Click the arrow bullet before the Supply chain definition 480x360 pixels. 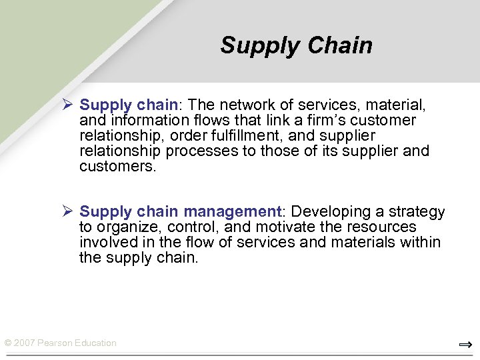click(x=67, y=105)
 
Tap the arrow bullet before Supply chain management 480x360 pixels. click(x=67, y=211)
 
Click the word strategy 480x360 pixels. click(x=418, y=212)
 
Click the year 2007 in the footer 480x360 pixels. click(x=25, y=343)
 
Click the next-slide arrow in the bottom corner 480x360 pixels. click(x=465, y=345)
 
